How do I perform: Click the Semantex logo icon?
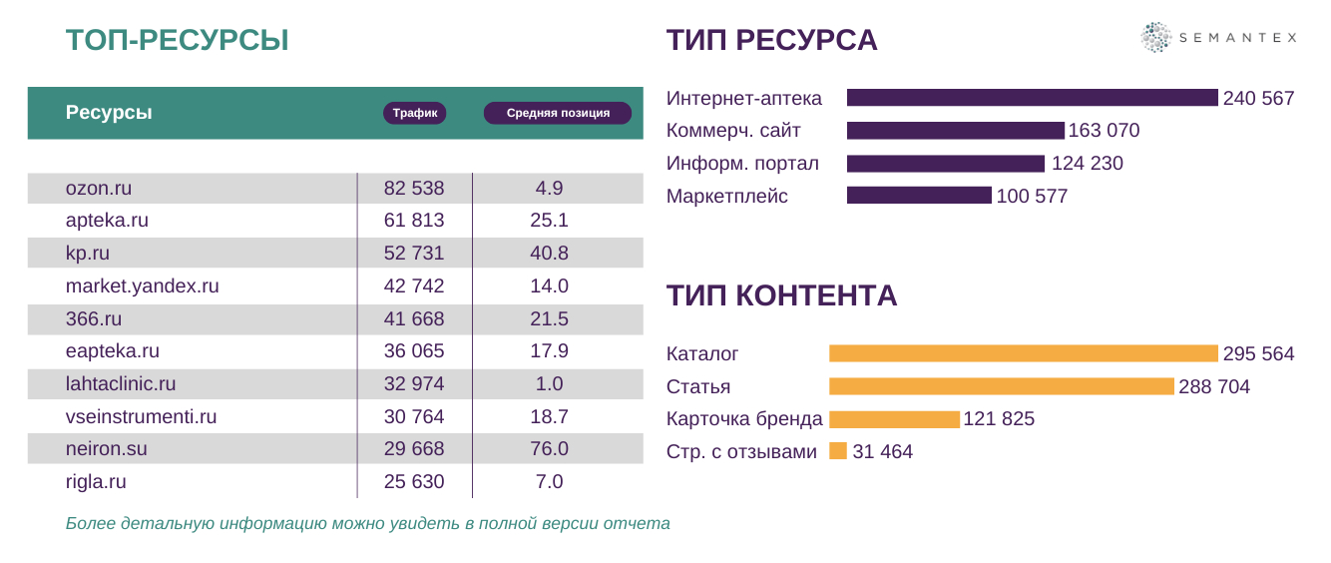1155,38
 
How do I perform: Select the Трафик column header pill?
414,113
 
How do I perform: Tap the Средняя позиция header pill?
558,113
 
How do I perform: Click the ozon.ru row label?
99,188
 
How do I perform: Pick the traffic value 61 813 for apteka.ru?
414,221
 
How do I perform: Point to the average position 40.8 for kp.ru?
549,254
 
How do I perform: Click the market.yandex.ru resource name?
142,286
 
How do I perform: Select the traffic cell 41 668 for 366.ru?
414,319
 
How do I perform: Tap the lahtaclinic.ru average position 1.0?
549,384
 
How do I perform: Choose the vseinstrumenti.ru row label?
141,417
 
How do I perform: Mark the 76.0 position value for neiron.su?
549,449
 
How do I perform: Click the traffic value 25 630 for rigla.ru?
414,482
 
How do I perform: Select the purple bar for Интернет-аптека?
1032,98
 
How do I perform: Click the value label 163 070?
1104,131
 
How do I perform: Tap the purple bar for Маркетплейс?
919,196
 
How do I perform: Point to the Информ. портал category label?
742,164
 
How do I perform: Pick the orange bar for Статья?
1001,386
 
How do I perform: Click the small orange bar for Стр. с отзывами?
838,451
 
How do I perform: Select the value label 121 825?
999,419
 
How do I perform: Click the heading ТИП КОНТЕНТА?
781,295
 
